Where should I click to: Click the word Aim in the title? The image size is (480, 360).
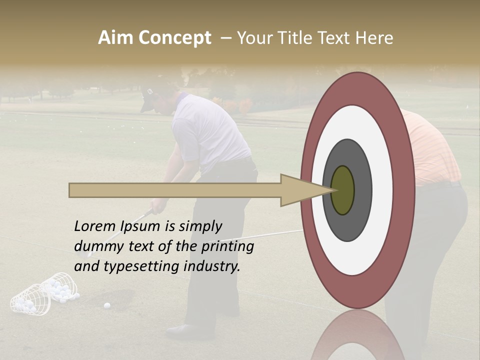115,38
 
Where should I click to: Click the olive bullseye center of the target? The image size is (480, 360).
342,190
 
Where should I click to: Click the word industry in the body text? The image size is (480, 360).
212,266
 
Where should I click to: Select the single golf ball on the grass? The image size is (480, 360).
107,305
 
